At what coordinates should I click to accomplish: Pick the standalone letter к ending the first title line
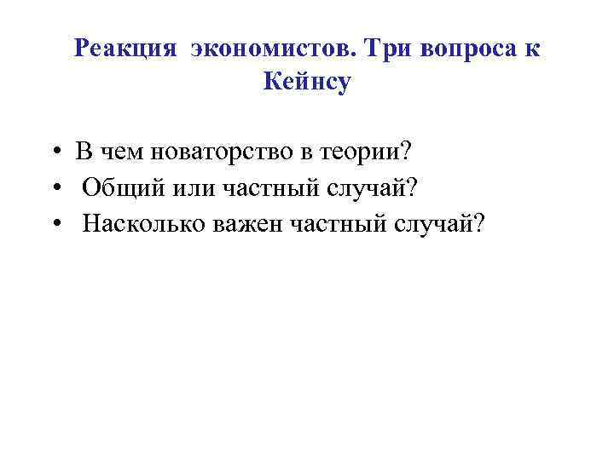(x=532, y=49)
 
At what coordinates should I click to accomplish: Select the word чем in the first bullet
(x=119, y=152)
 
